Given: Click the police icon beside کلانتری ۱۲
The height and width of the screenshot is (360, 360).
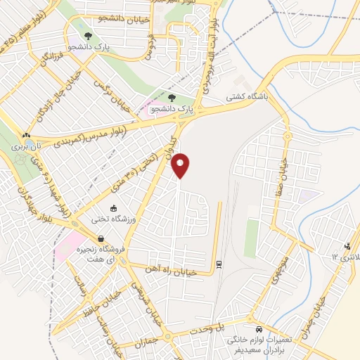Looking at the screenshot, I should pos(348,246).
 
